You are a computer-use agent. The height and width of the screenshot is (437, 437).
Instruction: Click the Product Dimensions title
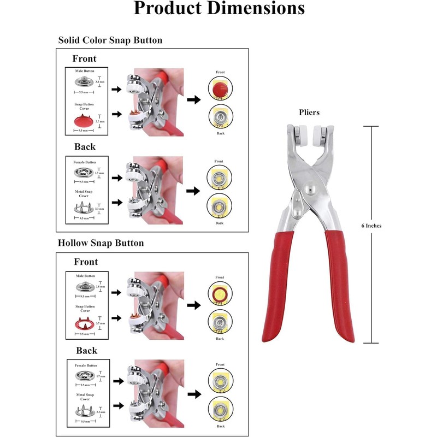tap(218, 8)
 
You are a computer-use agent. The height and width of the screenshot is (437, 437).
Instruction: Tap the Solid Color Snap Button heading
tap(110, 40)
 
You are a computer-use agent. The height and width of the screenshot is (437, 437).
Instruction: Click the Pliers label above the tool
tap(309, 113)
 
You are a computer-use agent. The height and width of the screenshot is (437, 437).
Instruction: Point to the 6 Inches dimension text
tap(371, 226)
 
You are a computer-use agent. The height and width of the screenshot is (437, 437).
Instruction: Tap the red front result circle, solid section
tap(219, 88)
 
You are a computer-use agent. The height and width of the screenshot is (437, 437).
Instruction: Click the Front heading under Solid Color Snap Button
tap(84, 58)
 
